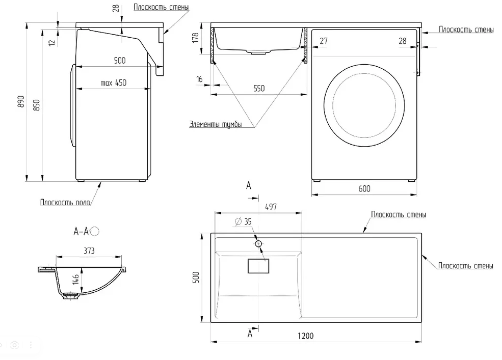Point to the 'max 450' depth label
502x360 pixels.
point(113,83)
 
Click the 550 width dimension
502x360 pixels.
point(259,88)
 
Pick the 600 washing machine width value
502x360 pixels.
point(364,188)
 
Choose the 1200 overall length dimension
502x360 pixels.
point(305,336)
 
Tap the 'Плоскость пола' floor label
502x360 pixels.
point(65,202)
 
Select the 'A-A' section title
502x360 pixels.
point(81,232)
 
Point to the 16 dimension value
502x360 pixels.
point(199,78)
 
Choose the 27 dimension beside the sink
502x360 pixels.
point(324,41)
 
